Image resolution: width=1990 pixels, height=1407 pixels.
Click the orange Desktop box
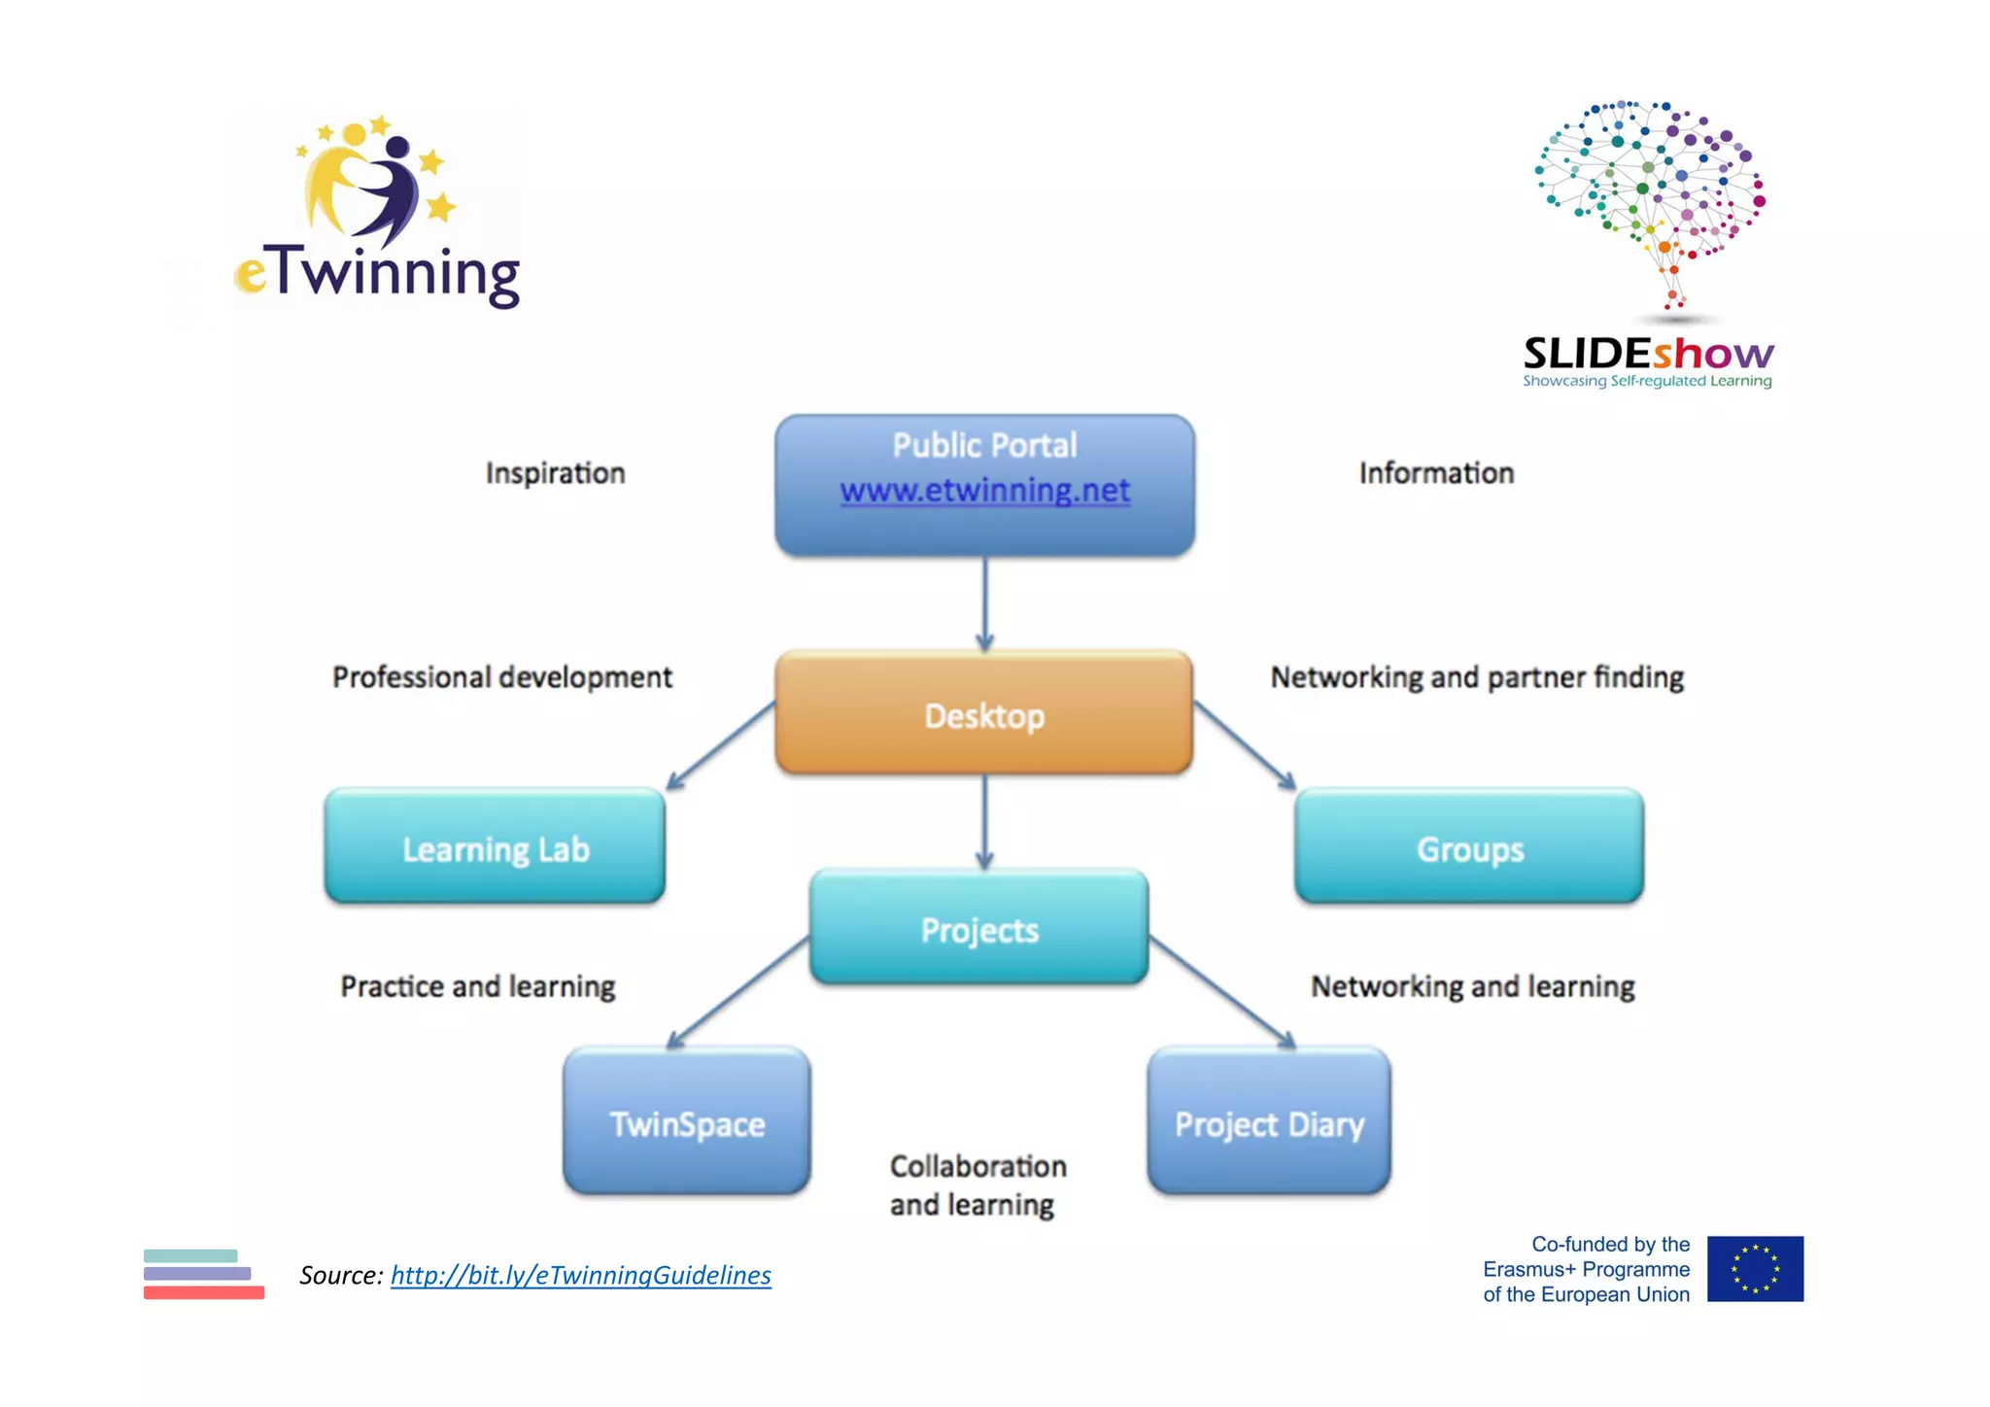click(x=983, y=714)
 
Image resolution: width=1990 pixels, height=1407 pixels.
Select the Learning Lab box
click(x=495, y=847)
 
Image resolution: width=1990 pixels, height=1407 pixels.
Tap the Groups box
click(x=1468, y=847)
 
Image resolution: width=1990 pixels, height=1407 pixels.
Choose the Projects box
click(x=978, y=928)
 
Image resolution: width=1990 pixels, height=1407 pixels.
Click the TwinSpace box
click(x=686, y=1122)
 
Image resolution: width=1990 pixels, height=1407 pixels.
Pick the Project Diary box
click(x=1268, y=1122)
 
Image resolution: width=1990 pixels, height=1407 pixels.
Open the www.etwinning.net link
click(x=984, y=490)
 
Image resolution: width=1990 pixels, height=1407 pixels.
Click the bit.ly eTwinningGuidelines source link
click(x=580, y=1275)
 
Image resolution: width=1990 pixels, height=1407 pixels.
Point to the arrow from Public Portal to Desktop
click(x=984, y=602)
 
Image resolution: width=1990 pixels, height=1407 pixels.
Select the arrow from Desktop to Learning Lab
click(x=721, y=745)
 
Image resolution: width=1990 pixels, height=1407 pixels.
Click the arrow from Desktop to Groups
click(x=1244, y=745)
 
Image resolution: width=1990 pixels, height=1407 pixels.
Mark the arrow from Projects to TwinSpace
click(x=738, y=993)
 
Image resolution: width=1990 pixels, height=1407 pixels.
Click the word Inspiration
click(x=555, y=473)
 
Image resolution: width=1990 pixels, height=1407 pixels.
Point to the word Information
click(x=1435, y=473)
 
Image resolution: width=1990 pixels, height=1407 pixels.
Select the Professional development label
click(x=501, y=677)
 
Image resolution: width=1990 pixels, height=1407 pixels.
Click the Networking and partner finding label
click(x=1476, y=677)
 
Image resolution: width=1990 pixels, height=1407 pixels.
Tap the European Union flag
click(x=1754, y=1269)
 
